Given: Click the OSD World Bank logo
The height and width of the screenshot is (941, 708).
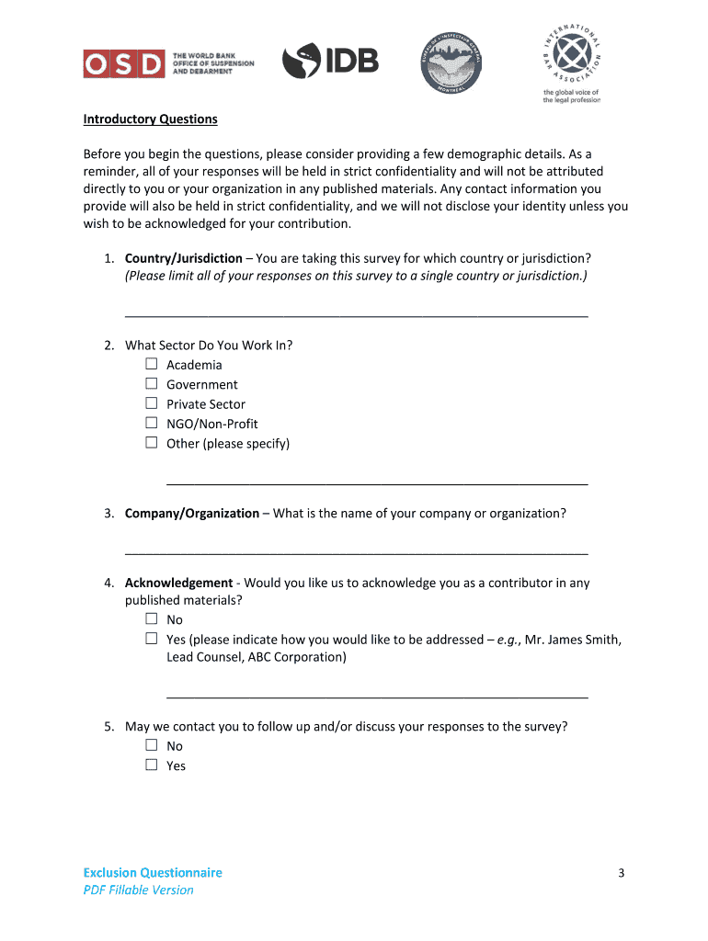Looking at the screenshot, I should coord(168,63).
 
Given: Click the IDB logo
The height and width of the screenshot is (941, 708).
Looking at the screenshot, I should coord(330,62).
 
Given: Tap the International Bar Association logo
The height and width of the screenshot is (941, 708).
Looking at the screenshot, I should coord(571,61).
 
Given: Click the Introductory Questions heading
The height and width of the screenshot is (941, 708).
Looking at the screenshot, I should coord(150,119).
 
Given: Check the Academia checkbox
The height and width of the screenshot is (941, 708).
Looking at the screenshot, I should coord(152,365).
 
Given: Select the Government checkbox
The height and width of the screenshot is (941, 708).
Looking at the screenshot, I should coord(152,384).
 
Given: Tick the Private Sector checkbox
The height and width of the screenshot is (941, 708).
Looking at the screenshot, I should coord(152,403).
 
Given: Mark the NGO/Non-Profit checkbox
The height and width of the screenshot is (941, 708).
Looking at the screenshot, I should coord(152,424).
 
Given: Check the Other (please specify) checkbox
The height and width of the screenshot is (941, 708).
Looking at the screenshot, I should coord(152,443).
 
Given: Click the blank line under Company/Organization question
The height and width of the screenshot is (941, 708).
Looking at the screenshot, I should coord(356,551).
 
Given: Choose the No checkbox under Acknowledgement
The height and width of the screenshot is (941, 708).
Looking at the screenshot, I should coord(152,619).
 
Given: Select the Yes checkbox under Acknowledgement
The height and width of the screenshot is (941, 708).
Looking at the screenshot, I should coord(152,639).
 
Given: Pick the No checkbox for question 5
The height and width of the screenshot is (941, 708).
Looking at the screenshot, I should coord(152,746).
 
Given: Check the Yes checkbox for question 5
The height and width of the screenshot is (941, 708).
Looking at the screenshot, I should coord(152,765).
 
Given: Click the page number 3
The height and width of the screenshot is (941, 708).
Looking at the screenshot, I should coord(621,873).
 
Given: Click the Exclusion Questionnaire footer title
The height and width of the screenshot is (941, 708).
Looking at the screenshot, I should coord(153,872).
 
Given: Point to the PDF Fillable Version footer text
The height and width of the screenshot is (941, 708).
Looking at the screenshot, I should coord(138,890).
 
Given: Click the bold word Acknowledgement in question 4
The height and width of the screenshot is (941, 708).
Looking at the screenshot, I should coord(178,583).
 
